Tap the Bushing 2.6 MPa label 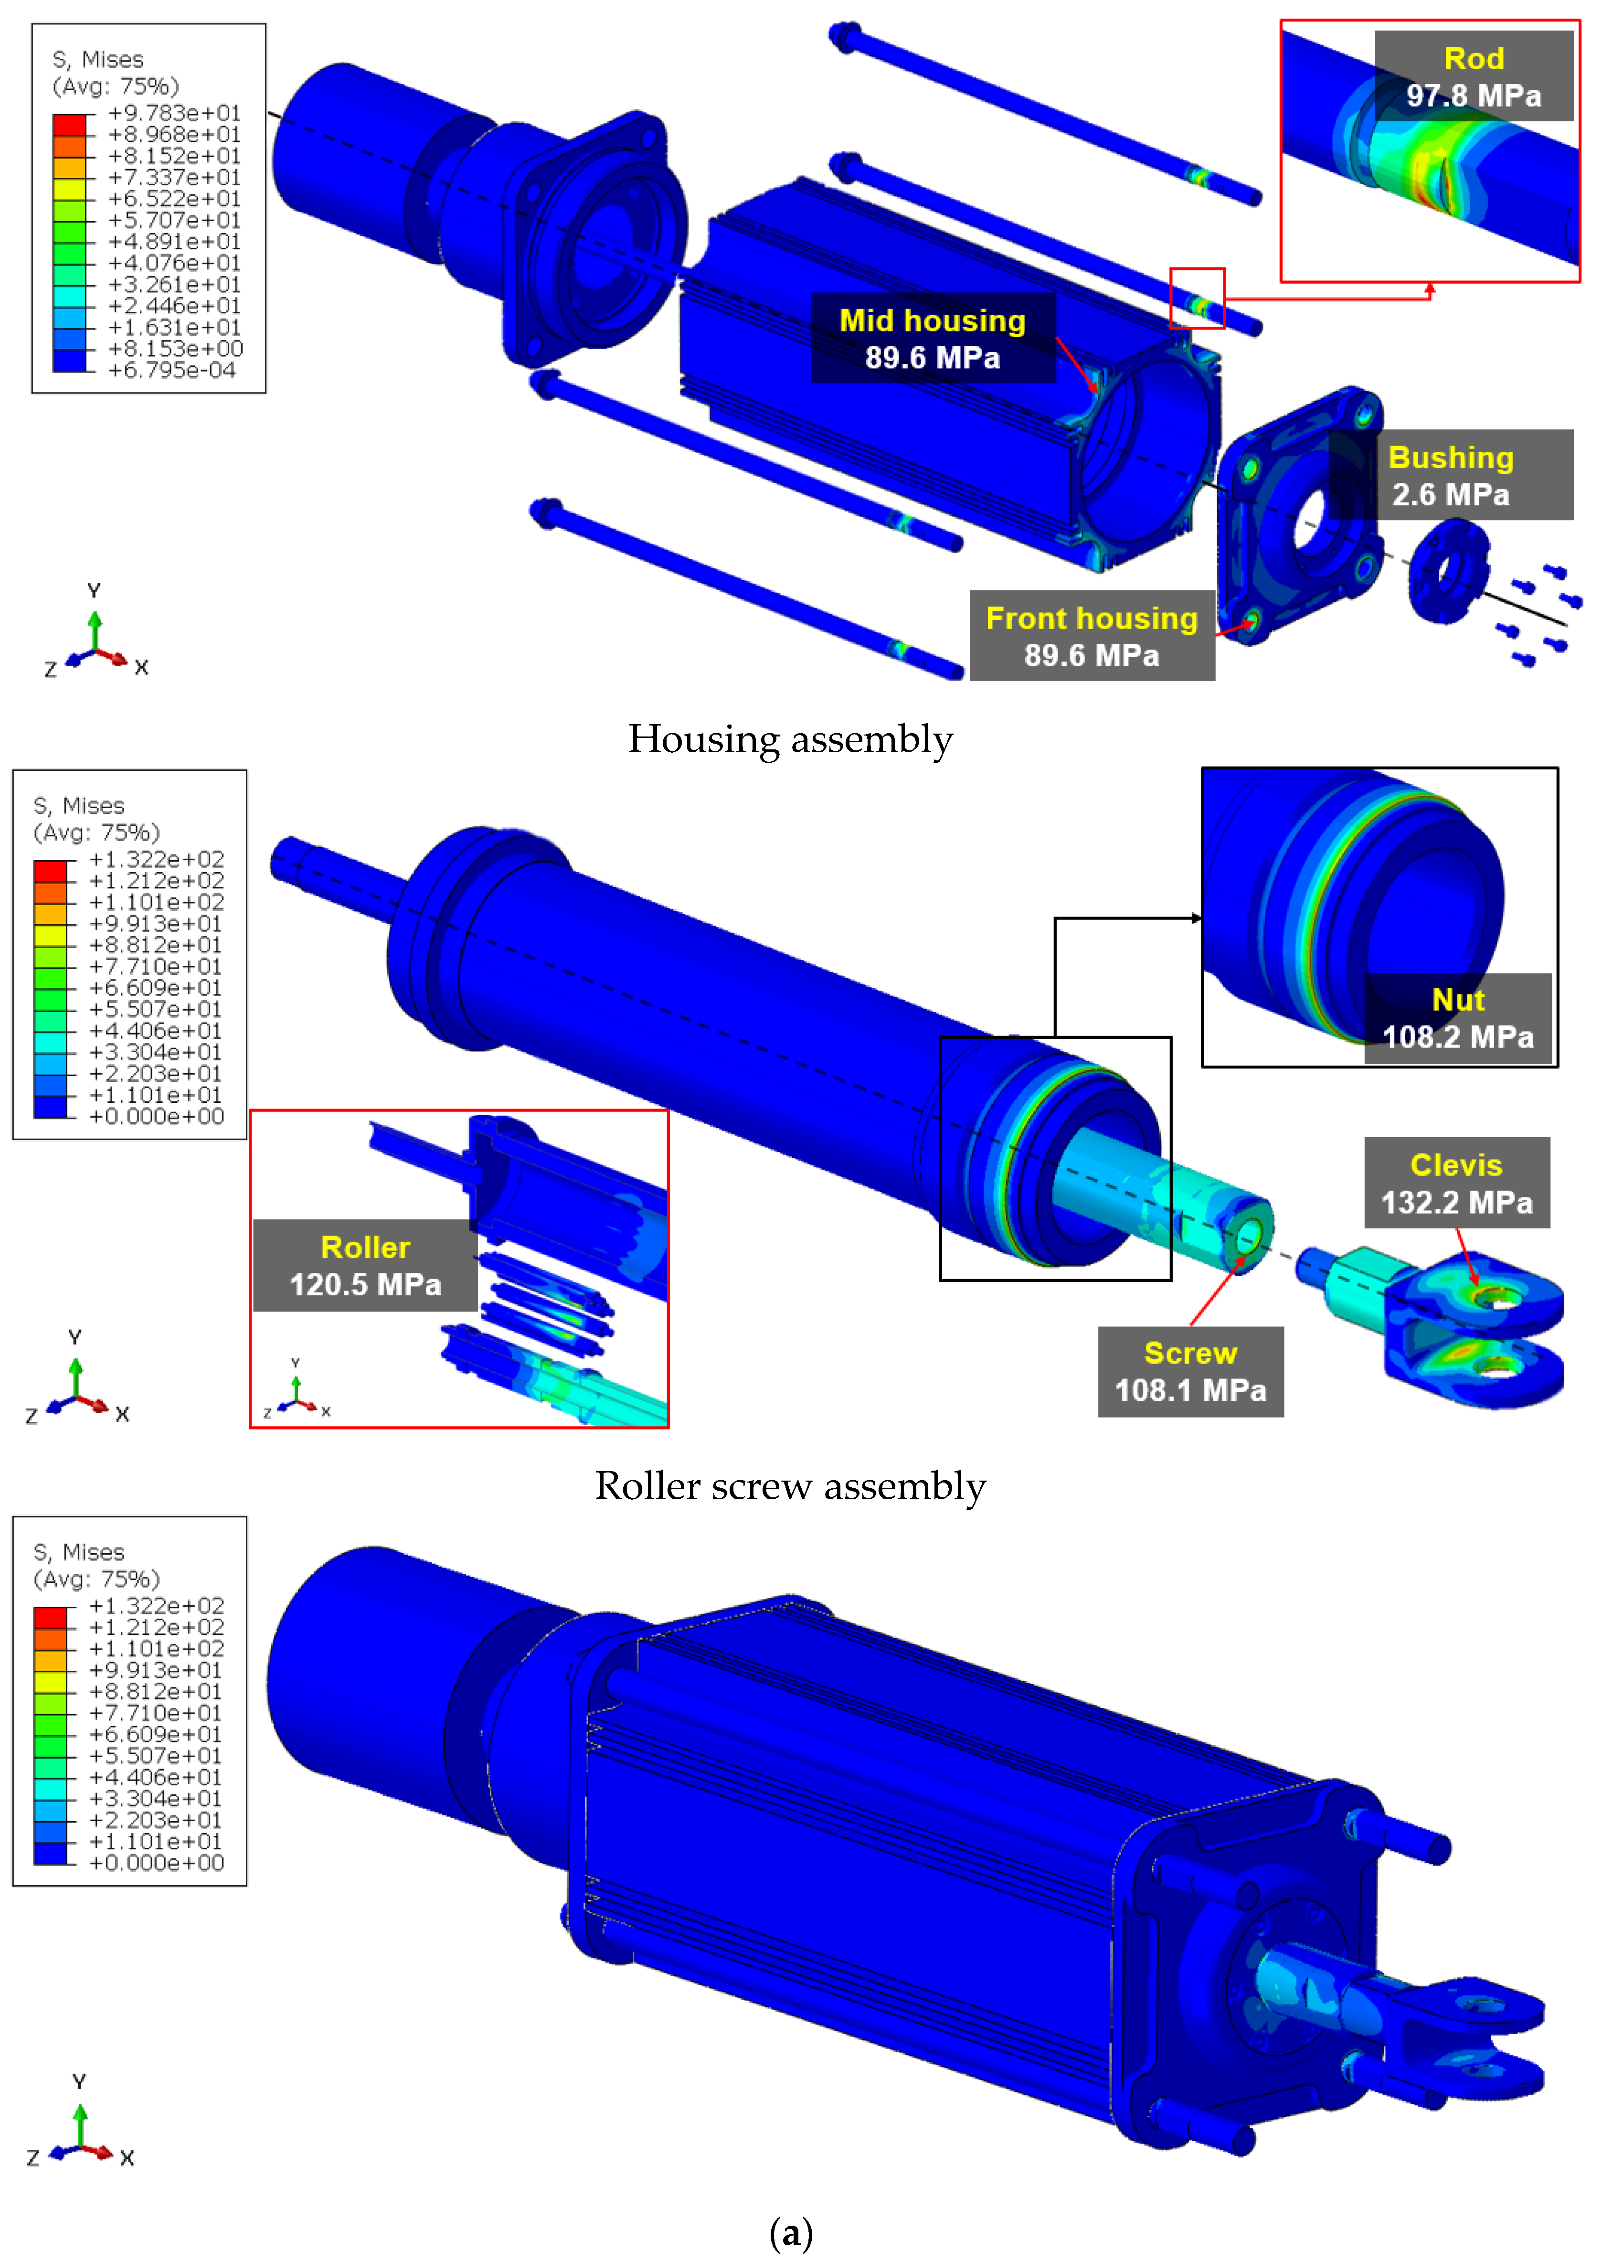(x=1450, y=474)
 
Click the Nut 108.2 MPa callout (x=1457, y=1018)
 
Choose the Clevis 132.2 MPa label (x=1456, y=1183)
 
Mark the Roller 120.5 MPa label (x=365, y=1266)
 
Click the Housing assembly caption (x=790, y=739)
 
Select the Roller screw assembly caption (x=790, y=1486)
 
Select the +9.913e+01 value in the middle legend (x=156, y=923)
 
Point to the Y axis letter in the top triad (x=94, y=590)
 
